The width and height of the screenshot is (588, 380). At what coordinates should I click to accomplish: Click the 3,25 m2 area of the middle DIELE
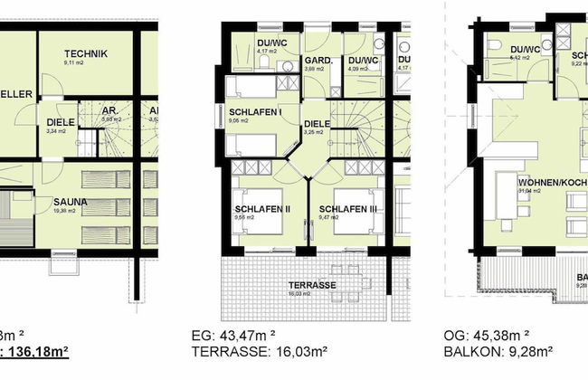(x=315, y=134)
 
